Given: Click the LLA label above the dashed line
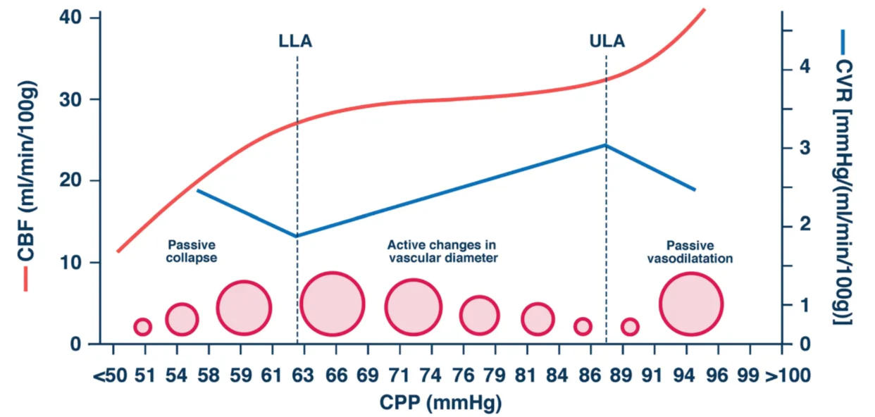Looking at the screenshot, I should point(295,42).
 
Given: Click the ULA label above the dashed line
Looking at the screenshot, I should point(607,42).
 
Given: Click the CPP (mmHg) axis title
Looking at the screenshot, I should point(441,403).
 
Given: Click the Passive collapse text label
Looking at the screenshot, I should point(192,251).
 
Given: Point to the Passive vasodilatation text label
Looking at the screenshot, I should point(690,251).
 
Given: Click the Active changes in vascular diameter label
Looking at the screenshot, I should point(442,251).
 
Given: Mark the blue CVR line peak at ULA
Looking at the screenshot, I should point(605,145).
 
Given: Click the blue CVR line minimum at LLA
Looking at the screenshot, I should point(297,236).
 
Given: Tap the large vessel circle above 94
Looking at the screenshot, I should point(690,305).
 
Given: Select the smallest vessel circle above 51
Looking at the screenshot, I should point(142,327).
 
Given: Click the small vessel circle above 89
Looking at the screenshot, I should point(630,327).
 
